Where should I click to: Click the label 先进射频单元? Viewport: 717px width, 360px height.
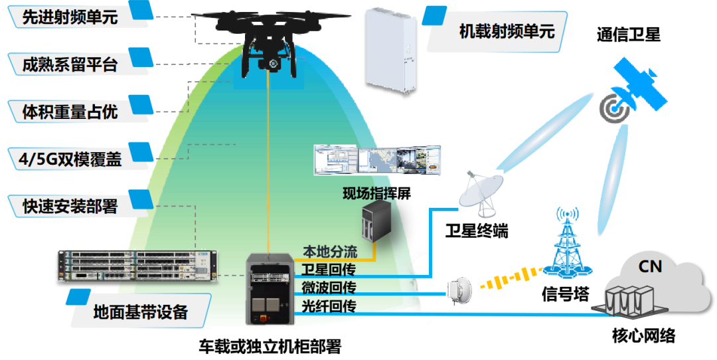pyautogui.click(x=70, y=17)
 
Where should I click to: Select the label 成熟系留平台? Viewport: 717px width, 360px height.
pyautogui.click(x=70, y=64)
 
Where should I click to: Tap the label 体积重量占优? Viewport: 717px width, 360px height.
pyautogui.click(x=70, y=112)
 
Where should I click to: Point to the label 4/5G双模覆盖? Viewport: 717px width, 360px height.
pyautogui.click(x=70, y=159)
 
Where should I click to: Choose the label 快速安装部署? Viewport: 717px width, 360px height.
pyautogui.click(x=70, y=207)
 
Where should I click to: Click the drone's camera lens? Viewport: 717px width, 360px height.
pyautogui.click(x=274, y=64)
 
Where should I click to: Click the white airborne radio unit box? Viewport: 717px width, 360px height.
pyautogui.click(x=390, y=50)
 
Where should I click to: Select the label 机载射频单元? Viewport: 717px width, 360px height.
pyautogui.click(x=507, y=31)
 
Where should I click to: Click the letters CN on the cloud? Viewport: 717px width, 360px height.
pyautogui.click(x=650, y=266)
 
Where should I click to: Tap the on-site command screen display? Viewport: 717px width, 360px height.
pyautogui.click(x=377, y=160)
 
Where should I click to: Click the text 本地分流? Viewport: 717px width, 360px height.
pyautogui.click(x=330, y=252)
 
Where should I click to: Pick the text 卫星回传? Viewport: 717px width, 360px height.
pyautogui.click(x=329, y=270)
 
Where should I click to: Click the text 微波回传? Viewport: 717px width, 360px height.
pyautogui.click(x=329, y=288)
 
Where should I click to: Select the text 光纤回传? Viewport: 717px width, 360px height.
pyautogui.click(x=329, y=306)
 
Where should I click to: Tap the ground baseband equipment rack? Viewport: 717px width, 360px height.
pyautogui.click(x=137, y=266)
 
